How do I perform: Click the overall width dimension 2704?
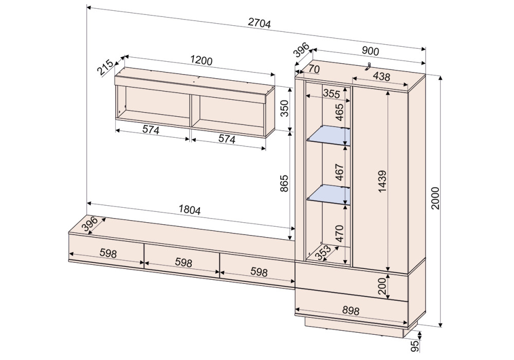coord(259,23)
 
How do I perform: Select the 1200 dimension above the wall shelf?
coord(201,61)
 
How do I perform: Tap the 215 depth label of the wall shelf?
coord(105,67)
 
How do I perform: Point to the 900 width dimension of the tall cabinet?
coord(370,51)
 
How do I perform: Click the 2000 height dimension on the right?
coord(435,199)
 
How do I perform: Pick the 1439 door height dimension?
coord(382,181)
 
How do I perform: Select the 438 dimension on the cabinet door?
coord(381,77)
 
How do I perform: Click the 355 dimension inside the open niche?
coord(332,94)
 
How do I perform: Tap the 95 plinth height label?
coord(415,346)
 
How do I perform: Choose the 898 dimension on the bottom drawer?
coord(351,310)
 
